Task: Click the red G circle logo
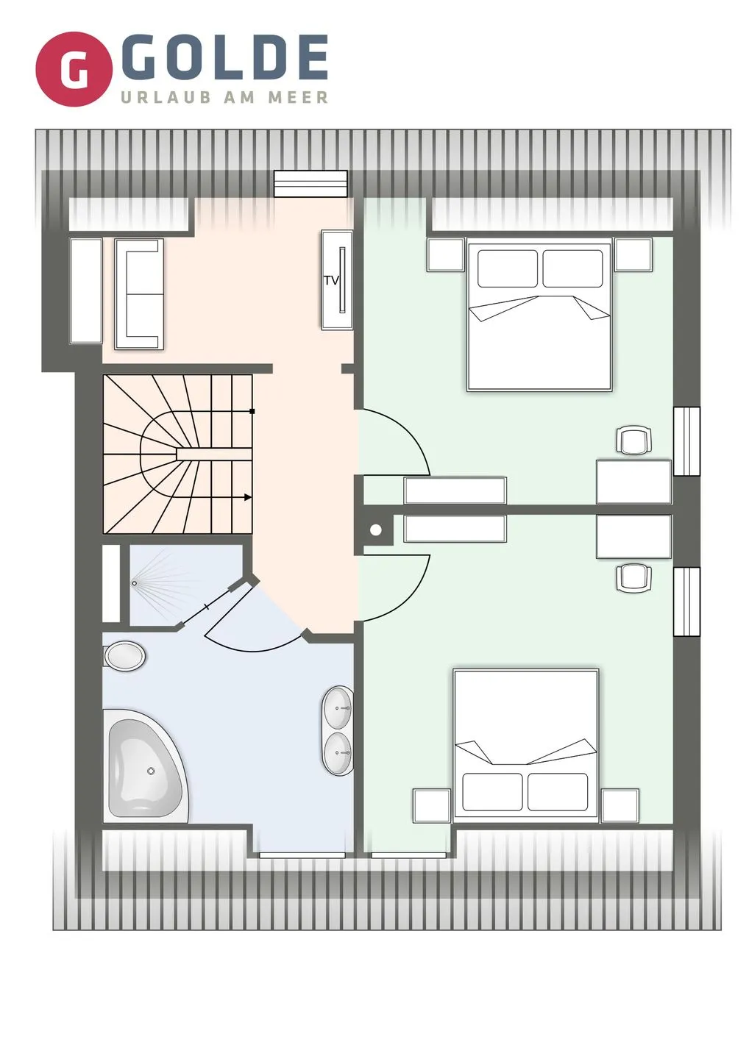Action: (x=74, y=69)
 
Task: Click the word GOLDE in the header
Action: (x=228, y=57)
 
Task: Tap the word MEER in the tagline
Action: (x=298, y=97)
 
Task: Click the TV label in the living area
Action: (x=332, y=280)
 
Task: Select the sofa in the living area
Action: (x=139, y=293)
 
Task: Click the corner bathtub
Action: (x=146, y=766)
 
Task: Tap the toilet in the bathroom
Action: (x=124, y=656)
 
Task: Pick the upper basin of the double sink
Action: (x=338, y=708)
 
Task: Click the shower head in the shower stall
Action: (x=135, y=583)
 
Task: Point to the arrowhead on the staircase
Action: (x=248, y=497)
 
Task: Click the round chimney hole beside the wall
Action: (x=376, y=530)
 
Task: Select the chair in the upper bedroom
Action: (x=633, y=440)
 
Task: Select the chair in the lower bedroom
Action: (x=633, y=577)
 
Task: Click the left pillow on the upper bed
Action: (x=508, y=268)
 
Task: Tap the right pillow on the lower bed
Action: (x=558, y=792)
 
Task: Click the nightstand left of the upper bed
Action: (x=445, y=254)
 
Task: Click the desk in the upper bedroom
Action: (x=633, y=481)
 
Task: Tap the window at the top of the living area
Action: (x=311, y=183)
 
